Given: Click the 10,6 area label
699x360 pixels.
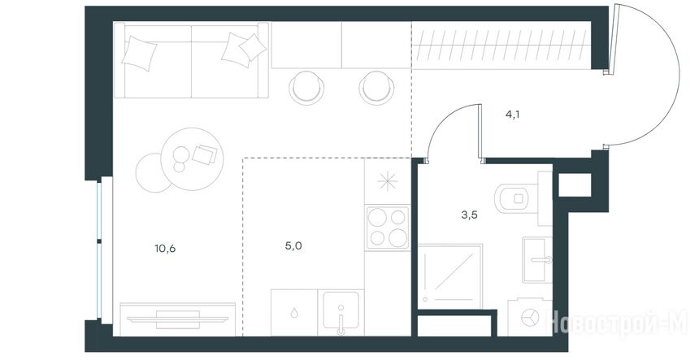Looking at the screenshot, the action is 165,249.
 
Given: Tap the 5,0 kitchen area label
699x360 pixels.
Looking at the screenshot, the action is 293,245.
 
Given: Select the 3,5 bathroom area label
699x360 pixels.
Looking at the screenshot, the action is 470,215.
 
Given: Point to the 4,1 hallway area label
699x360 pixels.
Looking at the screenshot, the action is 513,115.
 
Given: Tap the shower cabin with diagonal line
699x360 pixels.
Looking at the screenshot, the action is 450,275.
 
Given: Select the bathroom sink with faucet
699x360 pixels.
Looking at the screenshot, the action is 537,260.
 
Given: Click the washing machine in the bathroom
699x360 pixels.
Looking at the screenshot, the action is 530,317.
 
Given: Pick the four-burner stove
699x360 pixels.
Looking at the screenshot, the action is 388,228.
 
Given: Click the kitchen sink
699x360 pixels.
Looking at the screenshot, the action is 341,312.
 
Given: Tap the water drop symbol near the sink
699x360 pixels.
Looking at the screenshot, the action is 294,313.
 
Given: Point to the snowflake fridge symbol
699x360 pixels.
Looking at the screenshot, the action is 388,181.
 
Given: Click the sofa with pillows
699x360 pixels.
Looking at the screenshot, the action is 191,59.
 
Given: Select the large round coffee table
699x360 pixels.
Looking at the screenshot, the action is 192,154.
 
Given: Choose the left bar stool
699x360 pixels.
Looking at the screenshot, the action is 306,87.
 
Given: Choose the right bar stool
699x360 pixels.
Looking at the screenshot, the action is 376,87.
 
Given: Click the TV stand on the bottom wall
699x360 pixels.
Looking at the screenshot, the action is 177,319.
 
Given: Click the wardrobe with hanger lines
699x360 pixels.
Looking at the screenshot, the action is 501,46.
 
